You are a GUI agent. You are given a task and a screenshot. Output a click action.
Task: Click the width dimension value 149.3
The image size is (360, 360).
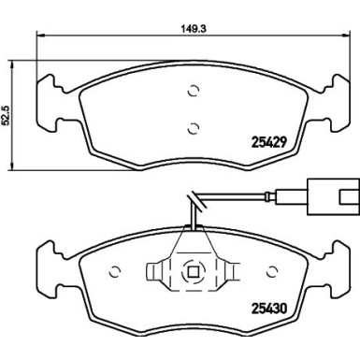click(194, 27)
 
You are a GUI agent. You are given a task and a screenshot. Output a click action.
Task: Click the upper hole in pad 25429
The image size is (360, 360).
click(193, 92)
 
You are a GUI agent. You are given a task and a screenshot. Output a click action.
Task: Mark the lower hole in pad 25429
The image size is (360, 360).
click(193, 128)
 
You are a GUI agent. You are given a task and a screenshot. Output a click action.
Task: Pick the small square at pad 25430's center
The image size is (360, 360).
click(193, 274)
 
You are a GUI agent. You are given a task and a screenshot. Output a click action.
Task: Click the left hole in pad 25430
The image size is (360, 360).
click(116, 274)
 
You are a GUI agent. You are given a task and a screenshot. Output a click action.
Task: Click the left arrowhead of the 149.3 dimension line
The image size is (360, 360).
click(38, 36)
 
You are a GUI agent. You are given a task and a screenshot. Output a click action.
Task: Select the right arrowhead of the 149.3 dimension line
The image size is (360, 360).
click(347, 36)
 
